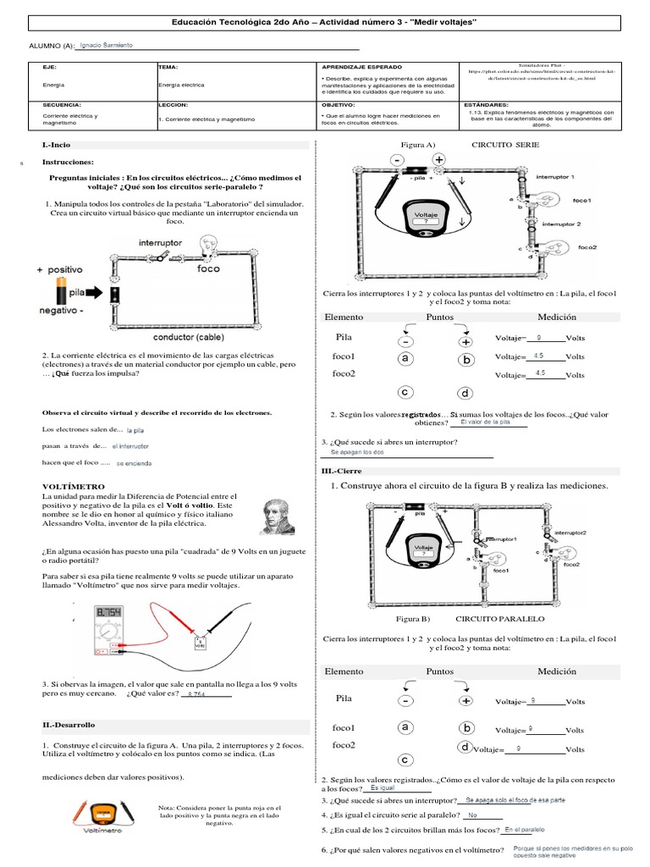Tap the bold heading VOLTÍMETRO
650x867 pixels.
coord(74,487)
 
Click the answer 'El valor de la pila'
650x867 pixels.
coord(486,422)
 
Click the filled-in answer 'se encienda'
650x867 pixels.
coord(134,464)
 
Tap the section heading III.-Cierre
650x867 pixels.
coord(340,470)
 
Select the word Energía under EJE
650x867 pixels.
coord(52,85)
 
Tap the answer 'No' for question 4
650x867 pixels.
coord(473,815)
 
